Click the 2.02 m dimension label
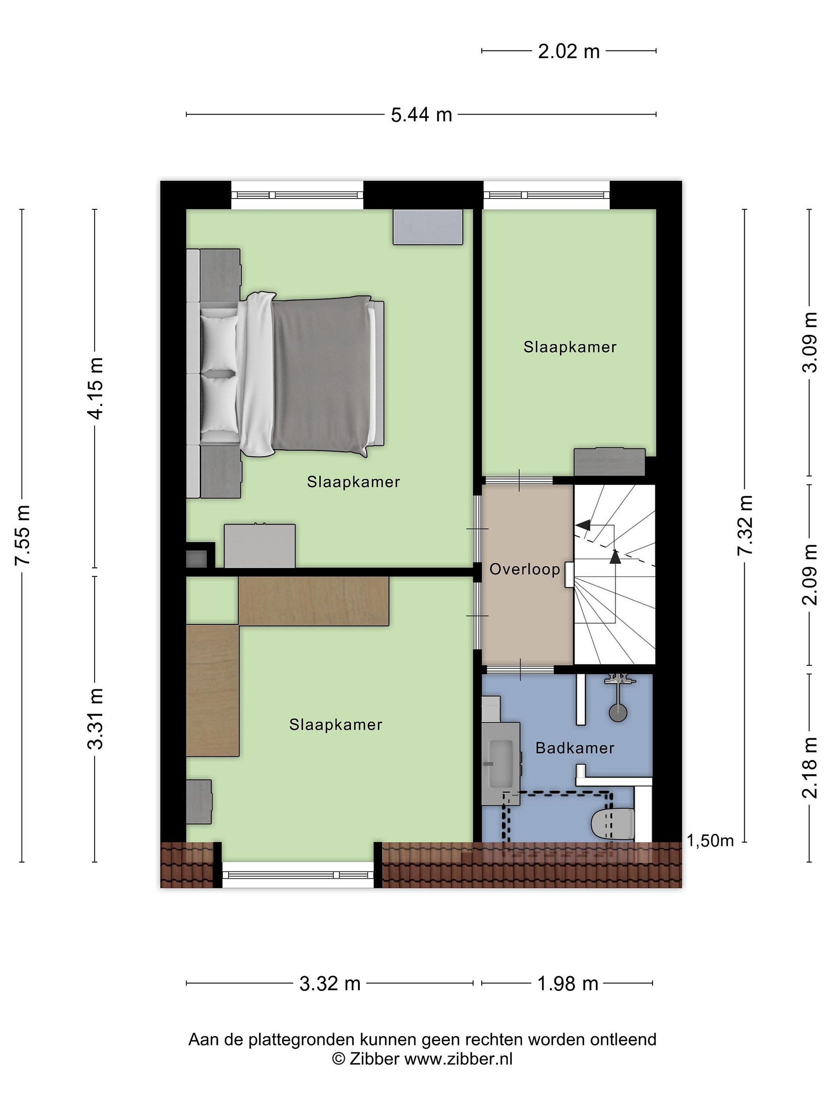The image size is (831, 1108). coord(569,52)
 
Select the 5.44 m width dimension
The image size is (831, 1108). coord(421,115)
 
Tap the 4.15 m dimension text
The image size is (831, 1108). coord(95,388)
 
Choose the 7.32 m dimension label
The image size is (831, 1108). coord(745,524)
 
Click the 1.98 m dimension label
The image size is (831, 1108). coord(567,984)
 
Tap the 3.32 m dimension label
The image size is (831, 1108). coord(330,984)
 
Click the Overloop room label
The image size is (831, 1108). coord(524,569)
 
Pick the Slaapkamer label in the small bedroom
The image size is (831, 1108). coord(570,347)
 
